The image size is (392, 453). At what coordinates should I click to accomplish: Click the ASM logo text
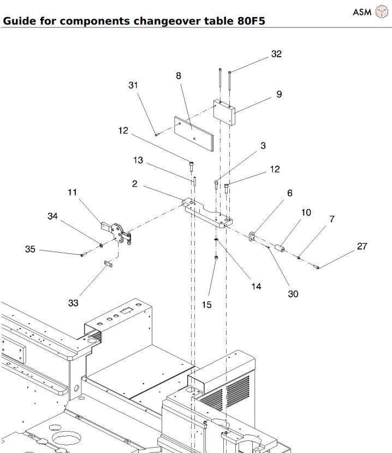coord(362,12)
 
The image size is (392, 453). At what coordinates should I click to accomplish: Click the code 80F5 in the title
coord(251,21)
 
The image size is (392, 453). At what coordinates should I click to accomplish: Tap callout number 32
coord(276,53)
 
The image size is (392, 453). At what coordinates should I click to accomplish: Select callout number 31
coord(133,85)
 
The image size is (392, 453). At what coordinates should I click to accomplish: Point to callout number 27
coord(362,246)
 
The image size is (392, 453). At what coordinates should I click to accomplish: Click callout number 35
coord(30,249)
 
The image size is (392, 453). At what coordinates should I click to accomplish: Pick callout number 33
coord(73,303)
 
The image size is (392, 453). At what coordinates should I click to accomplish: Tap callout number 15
coord(207,305)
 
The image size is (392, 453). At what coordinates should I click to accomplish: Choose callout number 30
coord(293,294)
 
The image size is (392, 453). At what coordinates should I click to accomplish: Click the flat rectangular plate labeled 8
coord(194,134)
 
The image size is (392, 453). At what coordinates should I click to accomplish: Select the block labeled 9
coord(224,112)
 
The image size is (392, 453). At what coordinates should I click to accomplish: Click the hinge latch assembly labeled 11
coord(117,233)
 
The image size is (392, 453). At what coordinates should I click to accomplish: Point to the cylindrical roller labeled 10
coord(280,248)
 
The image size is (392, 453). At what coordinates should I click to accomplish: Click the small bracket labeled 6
coord(252,236)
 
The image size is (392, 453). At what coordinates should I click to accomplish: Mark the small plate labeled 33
coord(109,264)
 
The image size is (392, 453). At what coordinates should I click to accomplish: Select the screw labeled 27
coord(316,267)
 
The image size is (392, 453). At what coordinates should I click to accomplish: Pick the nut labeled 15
coord(216,258)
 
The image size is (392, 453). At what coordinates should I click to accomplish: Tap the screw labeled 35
coord(84,254)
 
